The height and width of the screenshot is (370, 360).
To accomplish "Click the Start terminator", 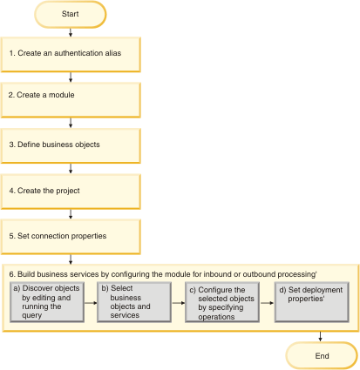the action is click(x=71, y=15).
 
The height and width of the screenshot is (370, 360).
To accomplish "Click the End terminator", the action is click(x=322, y=356).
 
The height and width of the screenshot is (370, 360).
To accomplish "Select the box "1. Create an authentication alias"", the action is click(x=71, y=55).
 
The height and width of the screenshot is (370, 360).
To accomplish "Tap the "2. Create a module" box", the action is click(x=71, y=100).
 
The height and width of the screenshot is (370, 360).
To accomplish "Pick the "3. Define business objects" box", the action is click(x=71, y=146).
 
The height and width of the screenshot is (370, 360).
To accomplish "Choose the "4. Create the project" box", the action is click(x=71, y=192).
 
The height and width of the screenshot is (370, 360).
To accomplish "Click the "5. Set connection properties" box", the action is click(x=71, y=237).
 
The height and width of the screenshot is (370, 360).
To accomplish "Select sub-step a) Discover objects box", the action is click(x=47, y=302).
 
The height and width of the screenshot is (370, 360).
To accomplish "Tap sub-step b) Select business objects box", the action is click(x=134, y=302).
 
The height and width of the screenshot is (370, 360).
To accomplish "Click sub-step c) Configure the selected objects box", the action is click(x=222, y=302).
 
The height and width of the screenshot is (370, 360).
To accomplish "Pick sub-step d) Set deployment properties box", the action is click(x=312, y=302).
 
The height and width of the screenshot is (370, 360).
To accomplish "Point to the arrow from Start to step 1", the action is click(x=71, y=32).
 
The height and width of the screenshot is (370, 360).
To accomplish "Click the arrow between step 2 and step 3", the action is click(x=71, y=123).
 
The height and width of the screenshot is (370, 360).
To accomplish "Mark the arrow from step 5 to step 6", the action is click(x=71, y=259).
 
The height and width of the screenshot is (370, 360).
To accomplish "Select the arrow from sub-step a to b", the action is click(x=91, y=303).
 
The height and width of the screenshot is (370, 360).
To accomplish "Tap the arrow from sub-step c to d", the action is click(x=267, y=303).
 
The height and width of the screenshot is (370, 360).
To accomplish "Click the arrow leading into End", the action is click(x=320, y=337).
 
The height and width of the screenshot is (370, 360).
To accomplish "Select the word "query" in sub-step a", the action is click(x=32, y=316).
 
